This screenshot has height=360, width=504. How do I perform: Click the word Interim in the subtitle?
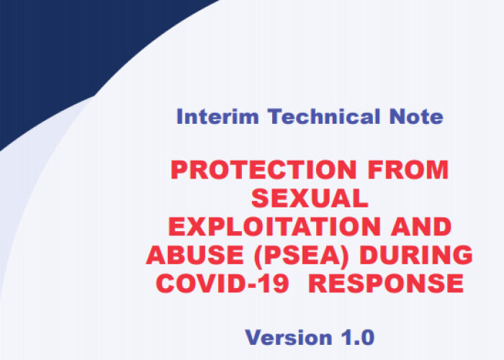217,117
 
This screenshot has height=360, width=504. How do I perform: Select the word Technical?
324,116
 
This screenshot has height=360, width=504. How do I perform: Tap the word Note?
416,117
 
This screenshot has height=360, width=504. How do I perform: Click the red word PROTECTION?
264,170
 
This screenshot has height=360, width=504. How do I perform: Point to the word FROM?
408,170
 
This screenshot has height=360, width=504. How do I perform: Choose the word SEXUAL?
310,198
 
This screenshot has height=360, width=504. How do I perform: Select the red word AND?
421,226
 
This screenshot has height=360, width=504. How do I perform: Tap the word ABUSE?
195,255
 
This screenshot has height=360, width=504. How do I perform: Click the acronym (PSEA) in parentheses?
301,256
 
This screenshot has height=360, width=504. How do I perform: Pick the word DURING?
416,255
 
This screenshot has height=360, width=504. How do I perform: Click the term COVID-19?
222,283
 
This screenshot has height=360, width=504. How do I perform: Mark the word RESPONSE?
386,283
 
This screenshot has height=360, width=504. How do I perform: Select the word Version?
289,338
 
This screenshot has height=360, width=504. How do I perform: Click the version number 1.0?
358,338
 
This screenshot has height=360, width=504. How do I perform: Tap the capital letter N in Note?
397,117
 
